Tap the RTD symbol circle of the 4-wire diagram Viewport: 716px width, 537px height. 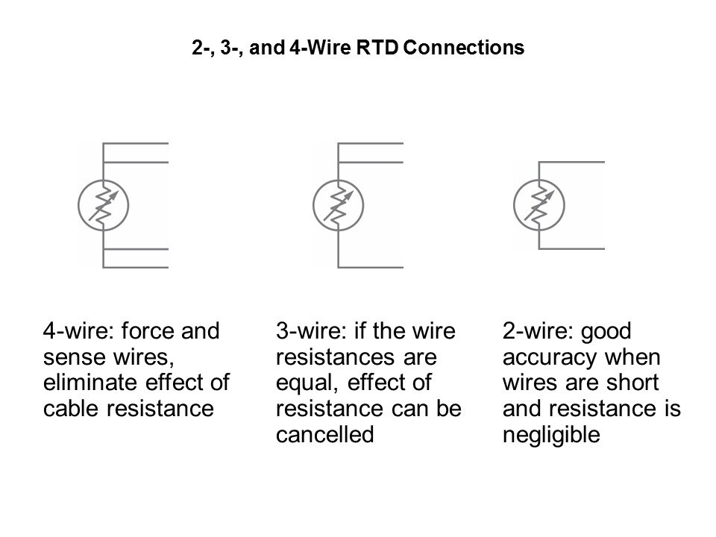pos(104,204)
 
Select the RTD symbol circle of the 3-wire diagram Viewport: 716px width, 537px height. pos(338,204)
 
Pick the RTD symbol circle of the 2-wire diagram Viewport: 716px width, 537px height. pos(539,204)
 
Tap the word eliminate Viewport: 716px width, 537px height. pos(87,383)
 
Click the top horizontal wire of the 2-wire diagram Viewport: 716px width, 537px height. pos(571,161)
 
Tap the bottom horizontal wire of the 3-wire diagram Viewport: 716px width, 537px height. pos(371,266)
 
